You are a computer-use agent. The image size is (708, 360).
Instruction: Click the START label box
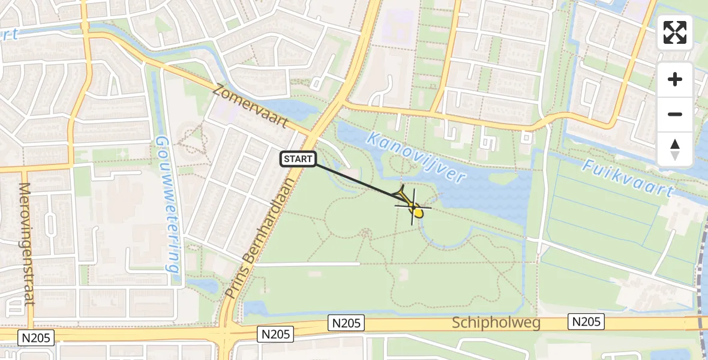tap(298, 159)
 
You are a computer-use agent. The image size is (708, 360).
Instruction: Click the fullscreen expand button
tap(675, 32)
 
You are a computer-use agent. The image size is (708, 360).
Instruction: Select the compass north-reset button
tap(675, 149)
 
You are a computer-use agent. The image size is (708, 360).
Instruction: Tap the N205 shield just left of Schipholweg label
tap(346, 323)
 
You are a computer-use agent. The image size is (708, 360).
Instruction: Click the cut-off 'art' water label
tap(10, 34)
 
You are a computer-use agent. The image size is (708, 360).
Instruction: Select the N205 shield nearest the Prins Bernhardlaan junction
tap(275, 334)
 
